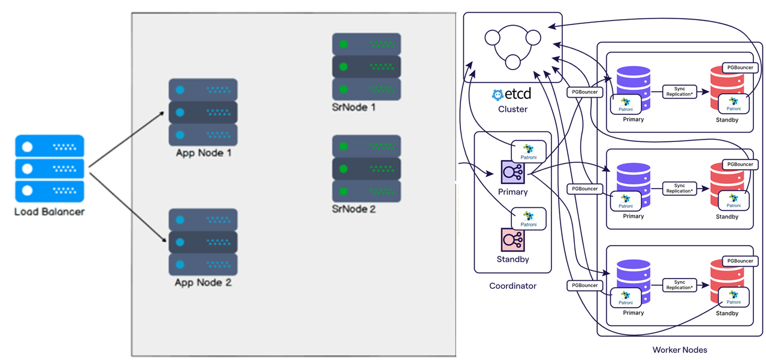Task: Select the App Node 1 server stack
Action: click(x=203, y=112)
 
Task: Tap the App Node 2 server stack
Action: click(x=203, y=241)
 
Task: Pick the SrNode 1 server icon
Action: click(x=366, y=66)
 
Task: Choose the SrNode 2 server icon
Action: click(x=366, y=169)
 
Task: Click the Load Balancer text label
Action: click(x=50, y=211)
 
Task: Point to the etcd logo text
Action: click(x=512, y=94)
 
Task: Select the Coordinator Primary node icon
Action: click(x=512, y=172)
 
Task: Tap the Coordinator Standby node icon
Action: click(x=512, y=240)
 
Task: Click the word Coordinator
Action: click(x=512, y=286)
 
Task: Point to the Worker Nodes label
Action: click(x=680, y=350)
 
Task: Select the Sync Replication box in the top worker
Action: click(x=680, y=92)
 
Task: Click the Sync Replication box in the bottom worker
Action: click(x=680, y=285)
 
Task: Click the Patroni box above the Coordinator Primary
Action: click(x=529, y=152)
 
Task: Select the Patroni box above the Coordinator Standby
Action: click(x=529, y=219)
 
